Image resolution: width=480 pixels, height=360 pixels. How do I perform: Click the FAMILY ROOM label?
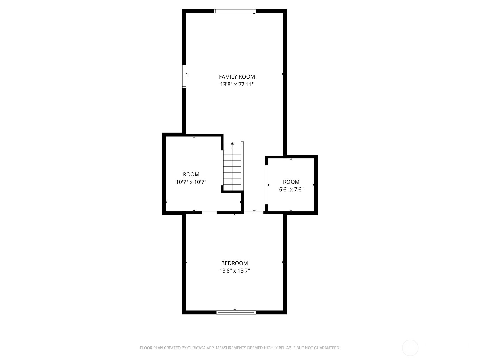pyautogui.click(x=237, y=77)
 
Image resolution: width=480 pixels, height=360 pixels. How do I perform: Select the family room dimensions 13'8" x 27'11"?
pyautogui.click(x=237, y=84)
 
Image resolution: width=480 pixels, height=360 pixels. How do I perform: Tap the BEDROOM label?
pyautogui.click(x=234, y=263)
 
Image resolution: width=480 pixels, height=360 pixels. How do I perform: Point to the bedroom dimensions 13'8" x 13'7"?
pyautogui.click(x=234, y=271)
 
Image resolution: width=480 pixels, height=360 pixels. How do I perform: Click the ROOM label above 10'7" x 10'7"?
pyautogui.click(x=191, y=174)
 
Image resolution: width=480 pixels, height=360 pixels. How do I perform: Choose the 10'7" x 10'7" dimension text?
pyautogui.click(x=191, y=182)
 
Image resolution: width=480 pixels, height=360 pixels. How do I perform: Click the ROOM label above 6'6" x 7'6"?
pyautogui.click(x=291, y=182)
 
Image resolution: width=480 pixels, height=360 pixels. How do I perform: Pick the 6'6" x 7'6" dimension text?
pyautogui.click(x=291, y=190)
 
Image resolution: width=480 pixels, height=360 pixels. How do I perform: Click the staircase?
pyautogui.click(x=232, y=166)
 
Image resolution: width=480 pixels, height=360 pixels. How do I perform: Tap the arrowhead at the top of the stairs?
pyautogui.click(x=232, y=143)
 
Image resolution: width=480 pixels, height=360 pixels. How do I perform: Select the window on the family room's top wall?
pyautogui.click(x=235, y=11)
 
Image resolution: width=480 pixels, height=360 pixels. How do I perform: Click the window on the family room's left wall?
pyautogui.click(x=184, y=77)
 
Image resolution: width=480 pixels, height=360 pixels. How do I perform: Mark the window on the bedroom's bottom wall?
pyautogui.click(x=236, y=313)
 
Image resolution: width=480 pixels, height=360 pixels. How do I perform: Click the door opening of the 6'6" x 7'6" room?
pyautogui.click(x=267, y=185)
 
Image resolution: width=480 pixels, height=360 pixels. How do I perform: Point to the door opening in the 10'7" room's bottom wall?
pyautogui.click(x=209, y=213)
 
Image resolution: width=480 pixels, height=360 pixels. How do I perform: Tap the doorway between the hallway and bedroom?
pyautogui.click(x=254, y=213)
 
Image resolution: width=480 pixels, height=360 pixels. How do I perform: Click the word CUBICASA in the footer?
pyautogui.click(x=195, y=348)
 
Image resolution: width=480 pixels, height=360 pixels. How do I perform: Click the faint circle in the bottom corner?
pyautogui.click(x=410, y=348)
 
